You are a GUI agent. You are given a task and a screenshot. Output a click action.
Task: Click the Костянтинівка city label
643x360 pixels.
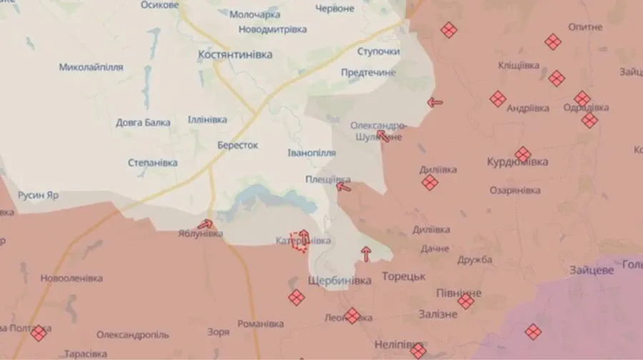pyautogui.click(x=235, y=54)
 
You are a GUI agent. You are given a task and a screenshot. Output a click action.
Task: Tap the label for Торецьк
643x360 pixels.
pyautogui.click(x=404, y=276)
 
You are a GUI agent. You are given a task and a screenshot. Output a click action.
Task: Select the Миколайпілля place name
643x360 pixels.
pyautogui.click(x=91, y=67)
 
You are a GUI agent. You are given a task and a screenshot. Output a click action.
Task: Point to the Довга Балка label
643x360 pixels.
pyautogui.click(x=143, y=122)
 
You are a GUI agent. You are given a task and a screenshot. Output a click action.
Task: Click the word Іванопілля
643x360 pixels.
pyautogui.click(x=311, y=154)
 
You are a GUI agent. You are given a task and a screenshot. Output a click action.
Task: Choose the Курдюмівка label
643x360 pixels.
pyautogui.click(x=517, y=162)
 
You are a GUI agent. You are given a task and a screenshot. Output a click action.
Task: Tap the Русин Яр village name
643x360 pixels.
pyautogui.click(x=39, y=194)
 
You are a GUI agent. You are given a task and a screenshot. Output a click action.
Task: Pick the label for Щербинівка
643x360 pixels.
pyautogui.click(x=339, y=281)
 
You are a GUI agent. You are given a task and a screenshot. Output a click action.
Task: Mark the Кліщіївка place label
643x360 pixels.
pyautogui.click(x=519, y=65)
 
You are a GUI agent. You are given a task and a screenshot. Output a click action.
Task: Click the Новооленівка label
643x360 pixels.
pyautogui.click(x=71, y=278)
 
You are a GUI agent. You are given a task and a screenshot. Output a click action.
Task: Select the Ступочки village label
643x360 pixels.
pyautogui.click(x=378, y=52)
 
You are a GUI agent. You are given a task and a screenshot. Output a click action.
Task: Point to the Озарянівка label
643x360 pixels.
pyautogui.click(x=515, y=190)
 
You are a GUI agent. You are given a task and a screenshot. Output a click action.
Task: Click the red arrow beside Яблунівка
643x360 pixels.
pyautogui.click(x=209, y=224)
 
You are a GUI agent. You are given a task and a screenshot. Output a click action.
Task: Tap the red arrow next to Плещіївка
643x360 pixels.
pyautogui.click(x=344, y=188)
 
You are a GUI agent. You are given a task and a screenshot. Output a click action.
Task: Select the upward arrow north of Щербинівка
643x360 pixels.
pyautogui.click(x=367, y=252)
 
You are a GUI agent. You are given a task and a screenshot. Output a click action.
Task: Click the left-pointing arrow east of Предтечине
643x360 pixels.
pyautogui.click(x=434, y=102)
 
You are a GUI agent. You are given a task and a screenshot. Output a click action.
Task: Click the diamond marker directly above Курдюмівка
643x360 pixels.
pyautogui.click(x=523, y=154)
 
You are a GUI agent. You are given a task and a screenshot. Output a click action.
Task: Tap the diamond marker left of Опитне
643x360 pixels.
pyautogui.click(x=552, y=42)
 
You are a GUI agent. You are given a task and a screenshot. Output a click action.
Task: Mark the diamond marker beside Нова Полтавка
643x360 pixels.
pyautogui.click(x=39, y=332)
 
